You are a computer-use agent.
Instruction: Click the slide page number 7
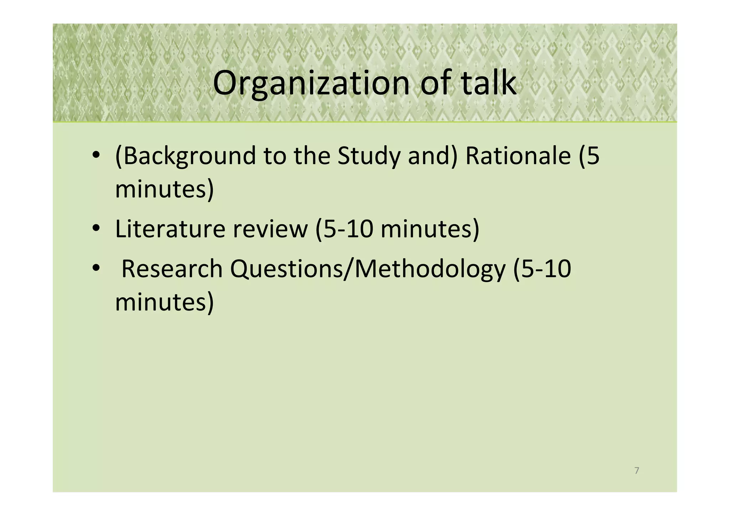pyautogui.click(x=637, y=471)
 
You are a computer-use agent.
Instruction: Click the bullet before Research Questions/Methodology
pyautogui.click(x=96, y=269)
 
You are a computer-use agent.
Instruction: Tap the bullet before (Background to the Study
pyautogui.click(x=96, y=156)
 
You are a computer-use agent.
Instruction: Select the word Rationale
pyautogui.click(x=518, y=156)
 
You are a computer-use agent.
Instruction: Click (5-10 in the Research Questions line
pyautogui.click(x=542, y=269)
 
